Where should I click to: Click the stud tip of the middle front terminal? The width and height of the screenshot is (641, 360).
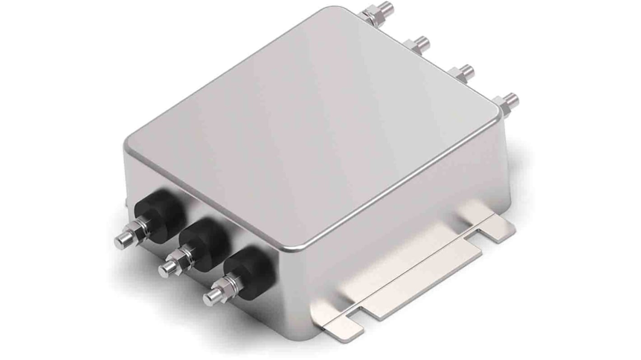[x=164, y=269]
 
